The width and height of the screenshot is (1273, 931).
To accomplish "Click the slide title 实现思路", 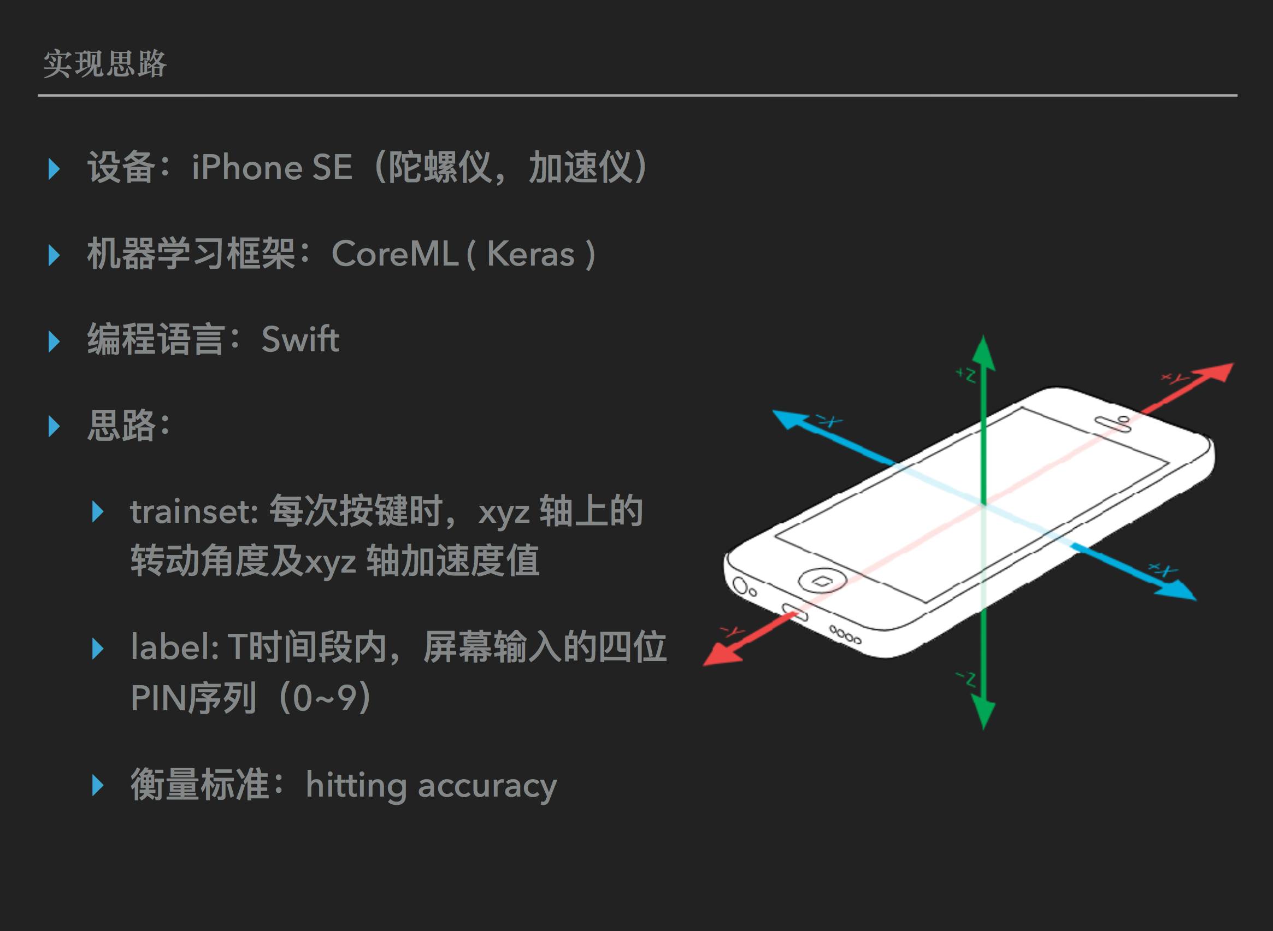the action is [105, 64].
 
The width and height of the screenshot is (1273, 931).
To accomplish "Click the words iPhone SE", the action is [272, 167].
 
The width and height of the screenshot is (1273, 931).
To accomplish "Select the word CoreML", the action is [394, 254].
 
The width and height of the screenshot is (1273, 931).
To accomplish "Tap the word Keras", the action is [531, 254].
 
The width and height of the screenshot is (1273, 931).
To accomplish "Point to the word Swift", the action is [300, 339].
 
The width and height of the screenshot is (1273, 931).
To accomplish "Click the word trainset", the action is [193, 512].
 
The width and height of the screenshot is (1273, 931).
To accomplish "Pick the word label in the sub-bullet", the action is [174, 647].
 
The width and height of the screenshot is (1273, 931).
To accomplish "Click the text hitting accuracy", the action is [431, 786].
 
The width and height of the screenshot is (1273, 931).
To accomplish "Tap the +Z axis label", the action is [966, 374].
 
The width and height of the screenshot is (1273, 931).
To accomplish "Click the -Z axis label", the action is [966, 679].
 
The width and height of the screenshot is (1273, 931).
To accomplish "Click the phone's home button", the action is [822, 580].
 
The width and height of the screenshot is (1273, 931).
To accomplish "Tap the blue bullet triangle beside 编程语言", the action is [54, 341].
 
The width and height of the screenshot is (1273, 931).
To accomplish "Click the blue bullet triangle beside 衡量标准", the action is [97, 786].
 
